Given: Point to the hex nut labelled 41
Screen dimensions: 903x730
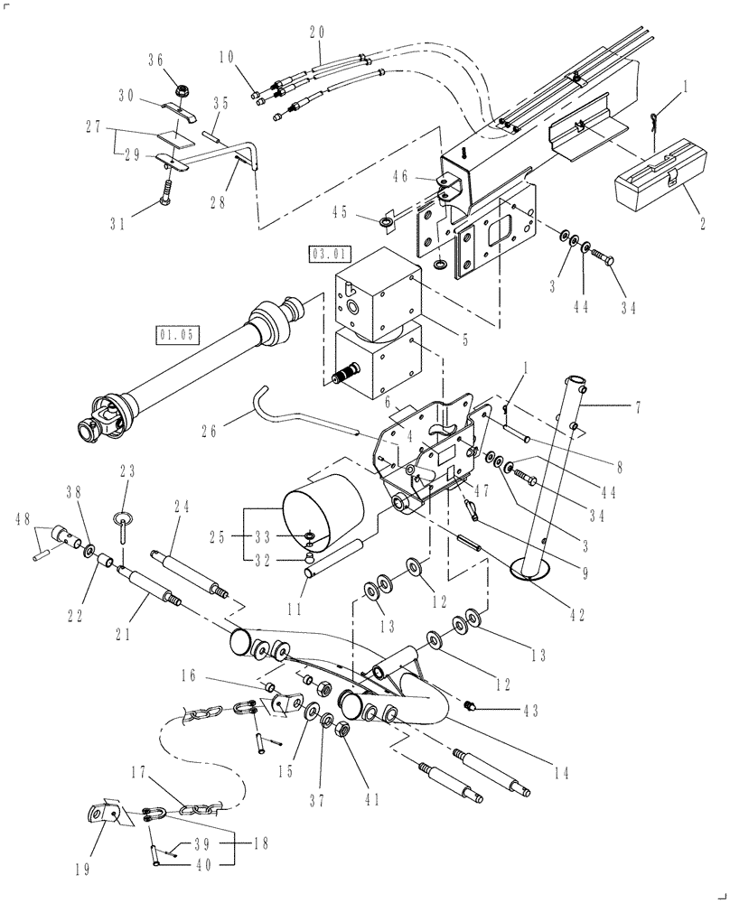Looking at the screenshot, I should point(343,729).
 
